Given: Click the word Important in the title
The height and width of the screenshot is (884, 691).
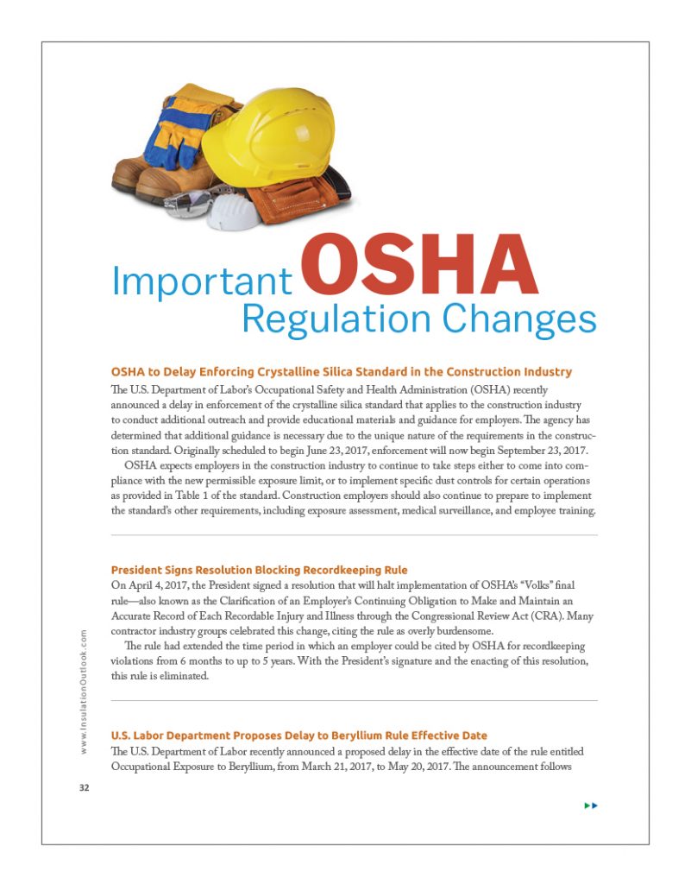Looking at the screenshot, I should pyautogui.click(x=201, y=282).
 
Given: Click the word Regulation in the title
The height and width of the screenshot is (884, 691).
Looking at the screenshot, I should pyautogui.click(x=336, y=319).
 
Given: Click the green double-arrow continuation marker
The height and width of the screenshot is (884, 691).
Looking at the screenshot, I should pyautogui.click(x=591, y=805).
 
